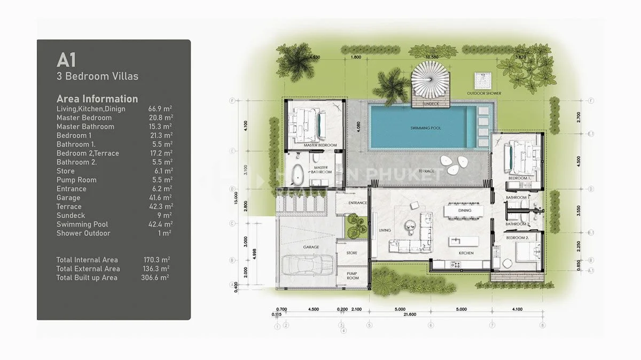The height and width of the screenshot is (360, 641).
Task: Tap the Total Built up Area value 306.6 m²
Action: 158,278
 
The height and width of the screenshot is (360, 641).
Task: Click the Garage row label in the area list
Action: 68,198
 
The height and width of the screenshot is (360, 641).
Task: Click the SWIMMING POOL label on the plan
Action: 426,128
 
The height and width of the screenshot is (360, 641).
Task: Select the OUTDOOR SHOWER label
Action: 484,93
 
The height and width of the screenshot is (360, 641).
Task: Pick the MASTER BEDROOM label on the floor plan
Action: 319,145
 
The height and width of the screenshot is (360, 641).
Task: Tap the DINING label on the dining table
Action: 465,210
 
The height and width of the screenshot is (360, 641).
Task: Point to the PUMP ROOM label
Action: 353,276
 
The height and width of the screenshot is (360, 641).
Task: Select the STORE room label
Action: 351,253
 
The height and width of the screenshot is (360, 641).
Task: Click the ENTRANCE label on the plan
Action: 357,203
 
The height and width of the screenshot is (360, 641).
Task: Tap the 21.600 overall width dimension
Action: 410,315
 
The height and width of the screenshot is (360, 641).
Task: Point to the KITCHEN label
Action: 466,253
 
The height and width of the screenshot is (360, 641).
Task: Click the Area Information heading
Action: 97,99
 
